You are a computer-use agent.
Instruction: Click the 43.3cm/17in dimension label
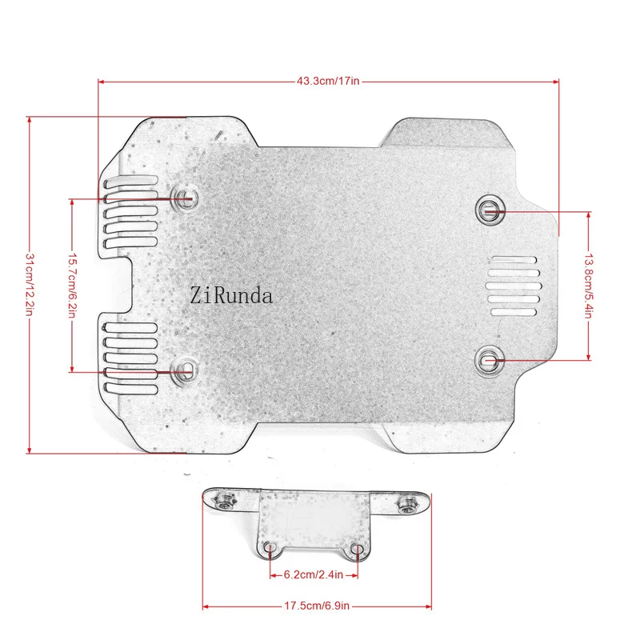coord(328,81)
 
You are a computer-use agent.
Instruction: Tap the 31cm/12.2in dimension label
coord(30,285)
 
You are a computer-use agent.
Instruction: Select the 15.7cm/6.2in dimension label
coord(72,286)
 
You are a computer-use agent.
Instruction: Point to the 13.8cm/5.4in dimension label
coord(588,286)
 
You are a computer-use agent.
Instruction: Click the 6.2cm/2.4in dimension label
coord(314,574)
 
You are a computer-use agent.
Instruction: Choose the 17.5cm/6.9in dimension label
coord(317,606)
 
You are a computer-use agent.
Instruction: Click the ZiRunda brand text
coord(231,295)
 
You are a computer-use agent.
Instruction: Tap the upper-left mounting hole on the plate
coord(185,198)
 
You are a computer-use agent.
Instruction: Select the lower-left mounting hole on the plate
coord(185,370)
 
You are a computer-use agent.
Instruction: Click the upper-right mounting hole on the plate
coord(489,210)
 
